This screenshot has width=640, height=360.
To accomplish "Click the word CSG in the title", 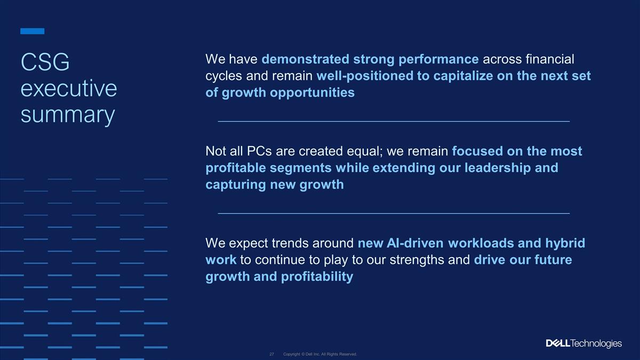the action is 45,62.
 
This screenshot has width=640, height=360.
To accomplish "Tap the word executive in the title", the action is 69,89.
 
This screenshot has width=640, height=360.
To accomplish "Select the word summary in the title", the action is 68,115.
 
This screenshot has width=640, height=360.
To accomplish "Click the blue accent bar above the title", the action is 33,31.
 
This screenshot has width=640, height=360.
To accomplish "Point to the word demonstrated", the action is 306,59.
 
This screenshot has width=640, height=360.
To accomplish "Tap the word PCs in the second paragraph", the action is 259,151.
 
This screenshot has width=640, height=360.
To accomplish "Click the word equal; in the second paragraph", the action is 365,151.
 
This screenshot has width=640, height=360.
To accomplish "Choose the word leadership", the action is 498,168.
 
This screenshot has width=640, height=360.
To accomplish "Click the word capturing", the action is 236,185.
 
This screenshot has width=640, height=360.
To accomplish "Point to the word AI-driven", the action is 415,243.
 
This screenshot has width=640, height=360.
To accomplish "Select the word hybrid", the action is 565,243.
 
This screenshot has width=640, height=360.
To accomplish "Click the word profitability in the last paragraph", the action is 317,277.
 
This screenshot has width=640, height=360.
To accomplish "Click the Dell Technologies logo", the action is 583,343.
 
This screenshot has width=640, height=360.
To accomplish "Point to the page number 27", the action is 271,354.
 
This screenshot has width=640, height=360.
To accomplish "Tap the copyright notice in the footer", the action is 320,354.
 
